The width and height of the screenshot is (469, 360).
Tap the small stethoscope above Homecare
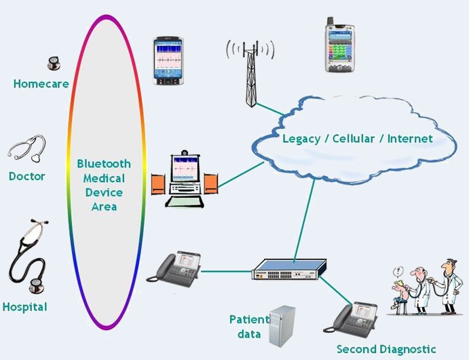pos(53,64)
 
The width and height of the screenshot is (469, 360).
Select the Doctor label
pos(27,177)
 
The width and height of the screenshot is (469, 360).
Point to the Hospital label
pos(25,307)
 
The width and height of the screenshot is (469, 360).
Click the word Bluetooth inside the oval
pos(104,164)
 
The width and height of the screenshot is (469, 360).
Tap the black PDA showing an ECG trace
pos(168,61)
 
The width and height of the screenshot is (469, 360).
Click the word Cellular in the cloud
pos(354,139)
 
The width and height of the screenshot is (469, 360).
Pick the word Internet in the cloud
pos(409,139)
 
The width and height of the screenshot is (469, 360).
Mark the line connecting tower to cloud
pos(266,109)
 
